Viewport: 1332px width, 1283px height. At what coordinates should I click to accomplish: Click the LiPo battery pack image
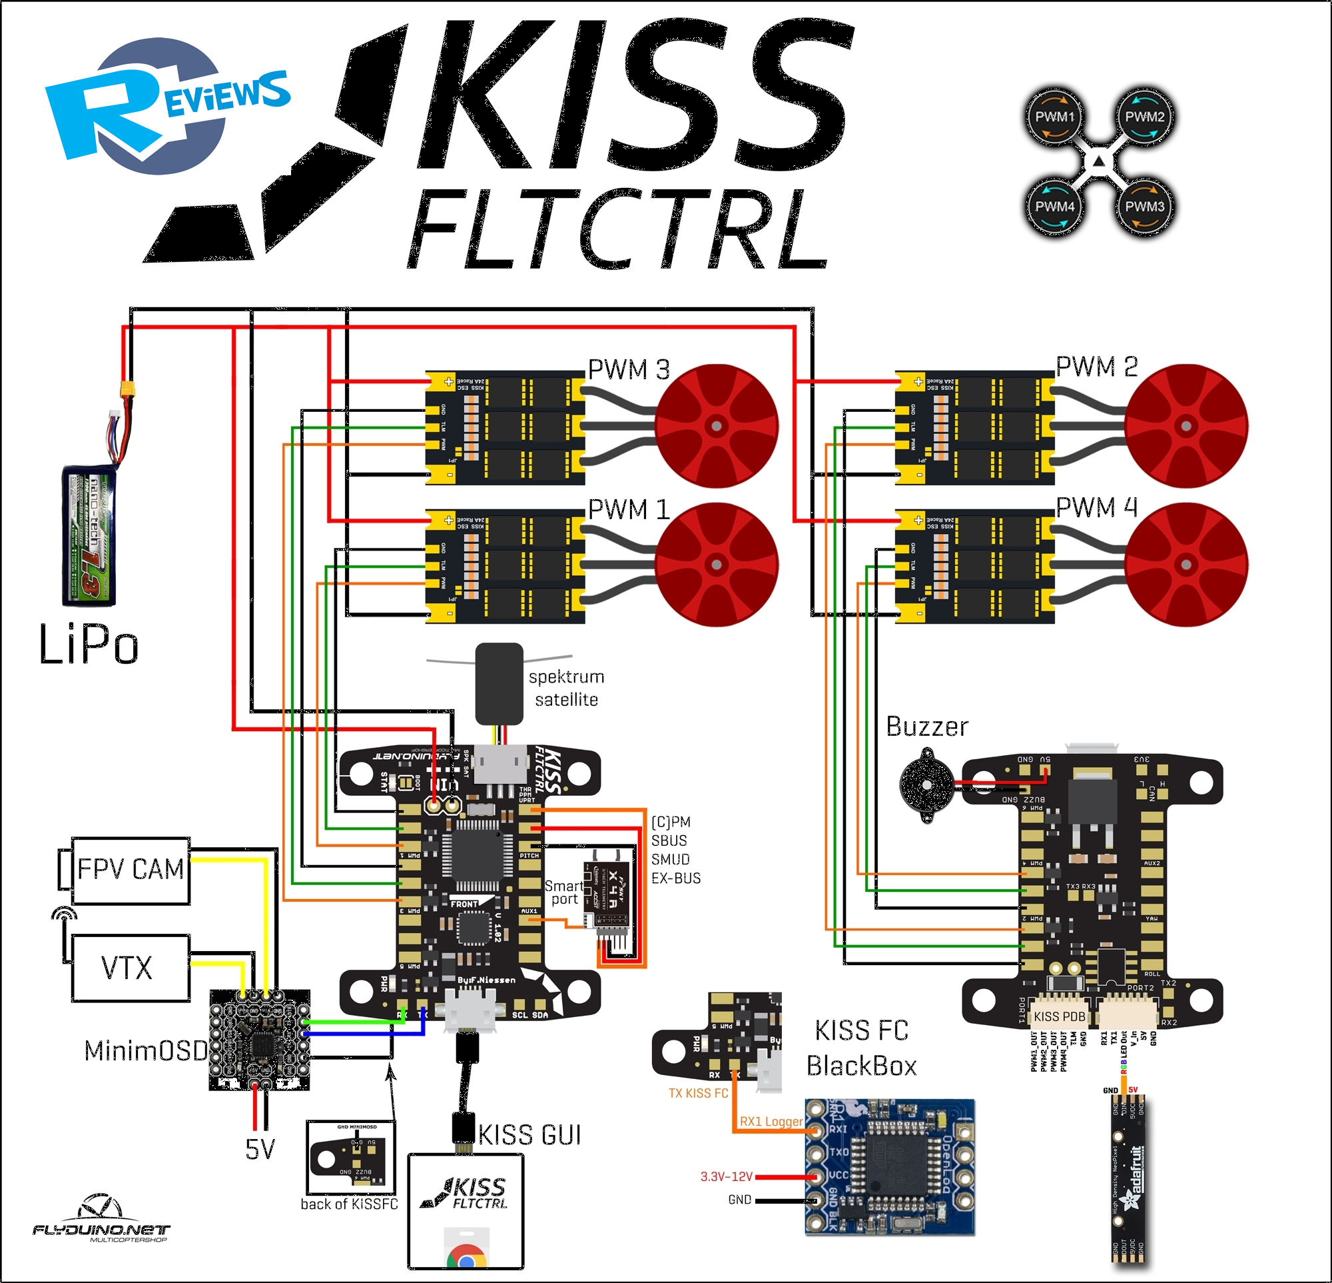tap(89, 535)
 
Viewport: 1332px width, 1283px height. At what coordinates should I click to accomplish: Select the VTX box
tap(130, 967)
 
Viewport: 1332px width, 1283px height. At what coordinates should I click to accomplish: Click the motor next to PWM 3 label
tap(717, 427)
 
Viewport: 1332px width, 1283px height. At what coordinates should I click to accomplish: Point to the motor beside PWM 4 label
tap(1186, 565)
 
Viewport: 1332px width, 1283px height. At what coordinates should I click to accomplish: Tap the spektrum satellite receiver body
tap(499, 683)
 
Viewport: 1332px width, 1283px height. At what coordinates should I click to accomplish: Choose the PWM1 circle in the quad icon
tap(1054, 116)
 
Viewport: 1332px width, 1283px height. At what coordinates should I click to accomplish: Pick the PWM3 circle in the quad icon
tap(1144, 206)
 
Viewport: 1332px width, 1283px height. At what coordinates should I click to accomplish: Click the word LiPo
tap(89, 644)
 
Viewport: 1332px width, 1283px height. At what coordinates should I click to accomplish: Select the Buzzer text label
tap(927, 727)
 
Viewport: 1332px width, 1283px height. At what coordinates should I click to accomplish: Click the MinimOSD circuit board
tap(260, 1040)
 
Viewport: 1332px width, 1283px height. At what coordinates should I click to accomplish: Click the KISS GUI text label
tap(529, 1135)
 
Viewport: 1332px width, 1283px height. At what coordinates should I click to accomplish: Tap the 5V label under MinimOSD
tap(260, 1149)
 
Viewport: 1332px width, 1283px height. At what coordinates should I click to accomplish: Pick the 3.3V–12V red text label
tap(727, 1176)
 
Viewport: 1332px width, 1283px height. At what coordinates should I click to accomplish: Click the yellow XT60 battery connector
tap(127, 389)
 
